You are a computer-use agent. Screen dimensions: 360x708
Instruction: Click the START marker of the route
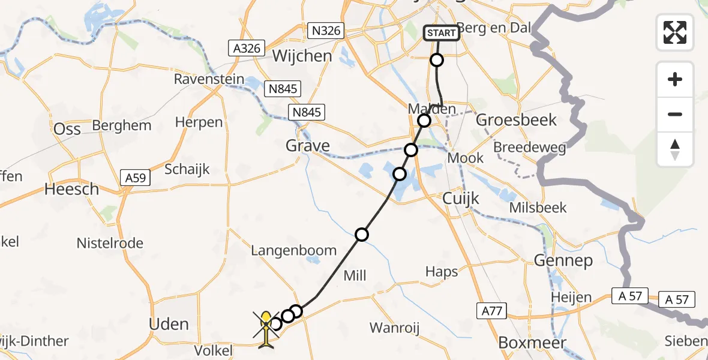(442, 32)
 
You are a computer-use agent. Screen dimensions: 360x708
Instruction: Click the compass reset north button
(675, 149)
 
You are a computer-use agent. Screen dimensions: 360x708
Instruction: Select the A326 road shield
(247, 47)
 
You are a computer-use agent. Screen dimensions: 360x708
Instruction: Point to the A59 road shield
(137, 178)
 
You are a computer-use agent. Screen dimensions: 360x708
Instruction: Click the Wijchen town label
(302, 56)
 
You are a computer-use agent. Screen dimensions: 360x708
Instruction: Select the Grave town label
(308, 146)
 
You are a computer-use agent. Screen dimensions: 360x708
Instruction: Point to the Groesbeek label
(516, 120)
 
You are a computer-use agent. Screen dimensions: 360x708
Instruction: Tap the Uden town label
(168, 325)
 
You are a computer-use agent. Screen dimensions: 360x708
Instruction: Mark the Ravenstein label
(209, 79)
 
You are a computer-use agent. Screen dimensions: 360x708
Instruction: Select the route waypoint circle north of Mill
(361, 235)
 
